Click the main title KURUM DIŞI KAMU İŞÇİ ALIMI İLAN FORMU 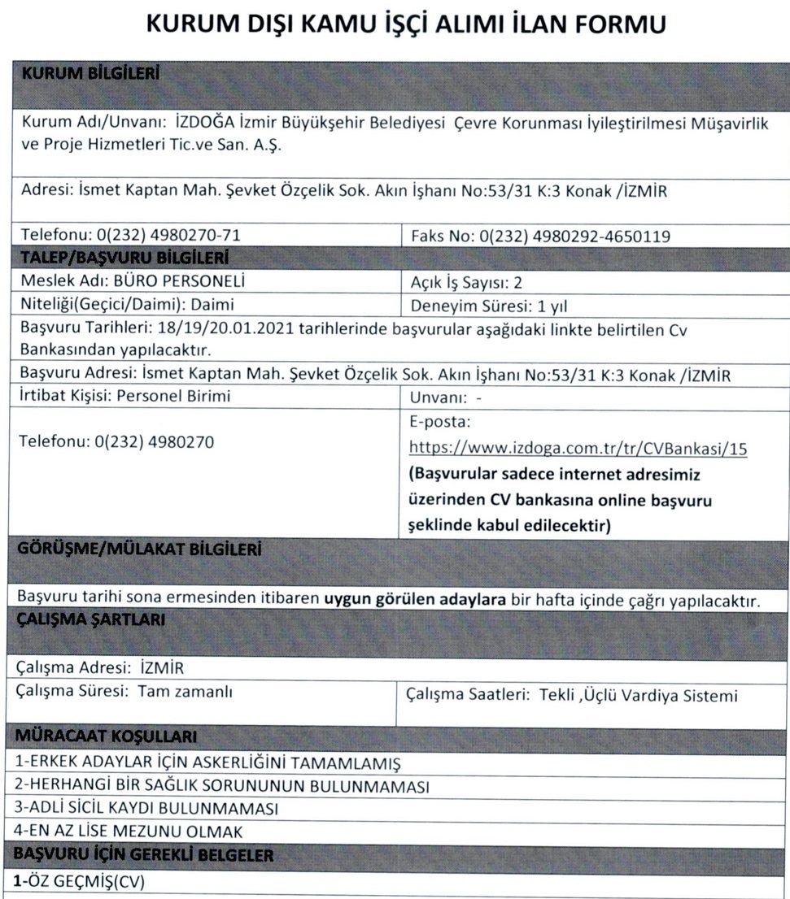406,25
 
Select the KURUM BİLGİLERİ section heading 89,73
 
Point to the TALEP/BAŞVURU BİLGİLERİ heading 123,258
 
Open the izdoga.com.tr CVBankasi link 578,448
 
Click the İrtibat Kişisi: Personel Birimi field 125,396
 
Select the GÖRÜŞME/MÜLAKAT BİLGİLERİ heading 139,550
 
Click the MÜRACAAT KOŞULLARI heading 107,738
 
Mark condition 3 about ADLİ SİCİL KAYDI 147,810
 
